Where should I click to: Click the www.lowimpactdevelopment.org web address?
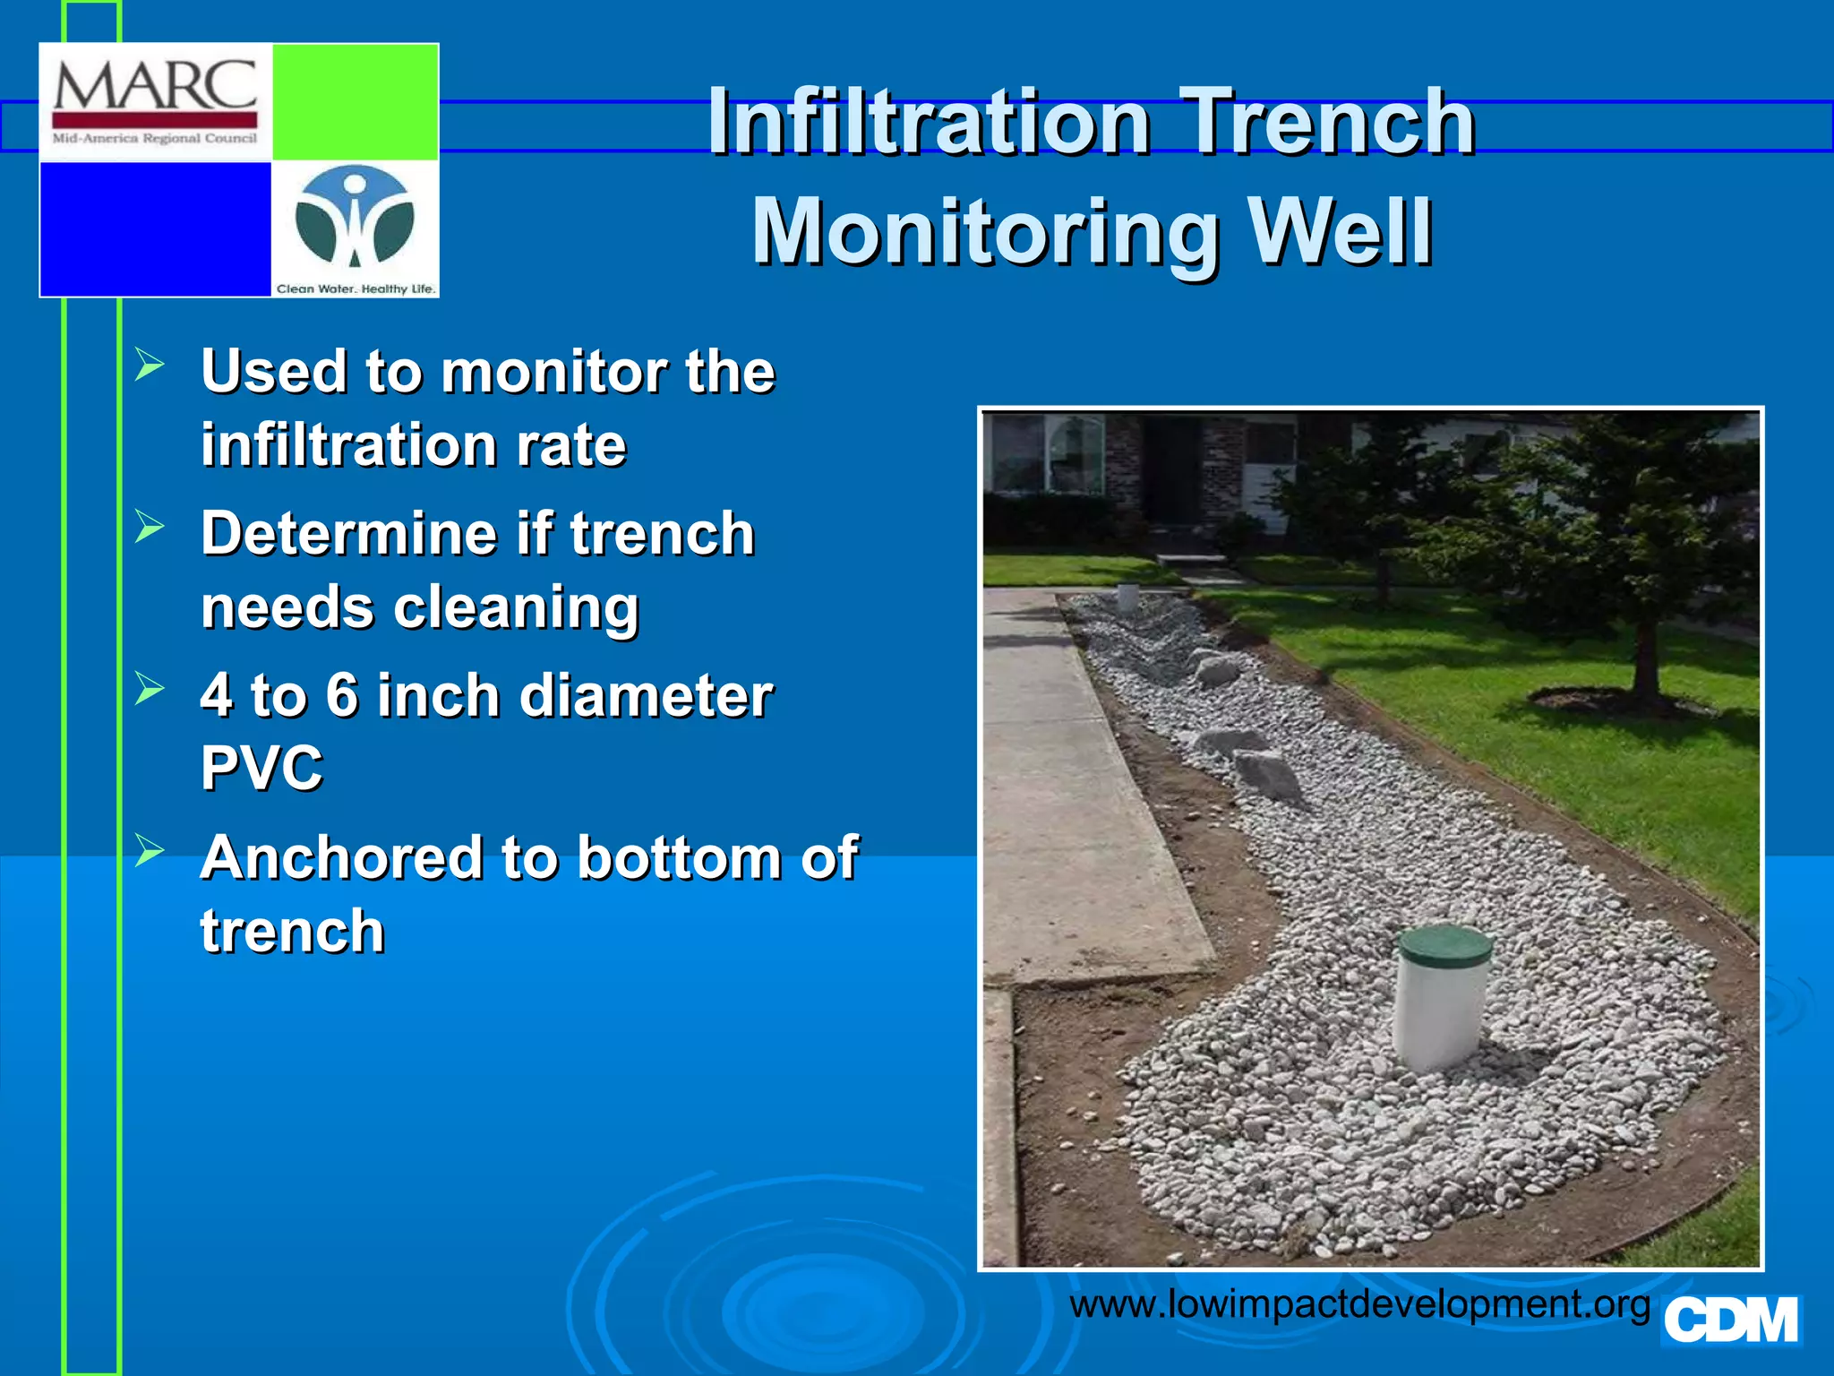point(1359,1303)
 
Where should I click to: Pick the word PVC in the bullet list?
point(261,769)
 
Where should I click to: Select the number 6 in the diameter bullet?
point(342,696)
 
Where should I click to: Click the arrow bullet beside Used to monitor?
point(150,365)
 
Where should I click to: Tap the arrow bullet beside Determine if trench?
point(150,527)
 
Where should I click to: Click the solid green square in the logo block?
point(355,101)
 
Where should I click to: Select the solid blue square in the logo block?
point(156,228)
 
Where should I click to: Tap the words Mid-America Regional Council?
point(154,139)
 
